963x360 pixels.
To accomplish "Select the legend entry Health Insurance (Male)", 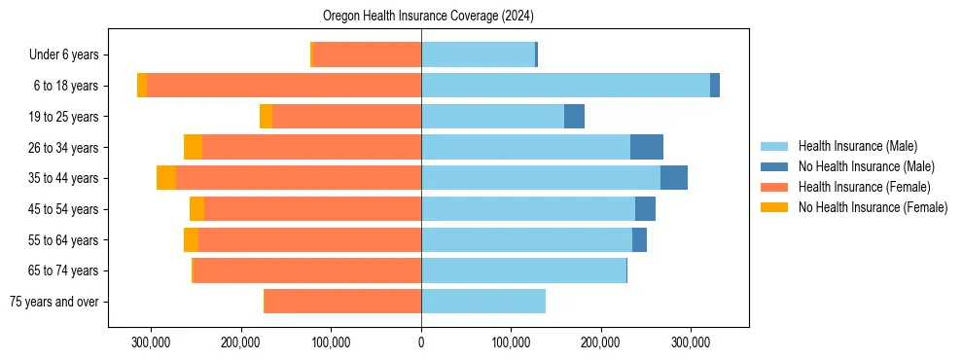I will (857, 146).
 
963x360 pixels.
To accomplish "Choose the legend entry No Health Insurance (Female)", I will (872, 207).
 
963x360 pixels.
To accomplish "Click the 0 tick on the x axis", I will (421, 342).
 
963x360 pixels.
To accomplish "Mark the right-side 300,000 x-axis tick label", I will (691, 342).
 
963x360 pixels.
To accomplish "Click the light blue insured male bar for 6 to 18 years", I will (564, 86).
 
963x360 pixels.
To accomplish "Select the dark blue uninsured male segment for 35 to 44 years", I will (674, 178).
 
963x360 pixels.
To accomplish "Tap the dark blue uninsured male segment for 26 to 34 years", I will (647, 147).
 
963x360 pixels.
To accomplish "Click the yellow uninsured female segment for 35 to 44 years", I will (166, 178).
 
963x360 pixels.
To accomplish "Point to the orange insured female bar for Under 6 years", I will (367, 54).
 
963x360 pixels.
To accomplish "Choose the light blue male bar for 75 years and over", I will (483, 302).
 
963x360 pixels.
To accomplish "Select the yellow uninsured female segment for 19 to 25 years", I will (266, 117).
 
